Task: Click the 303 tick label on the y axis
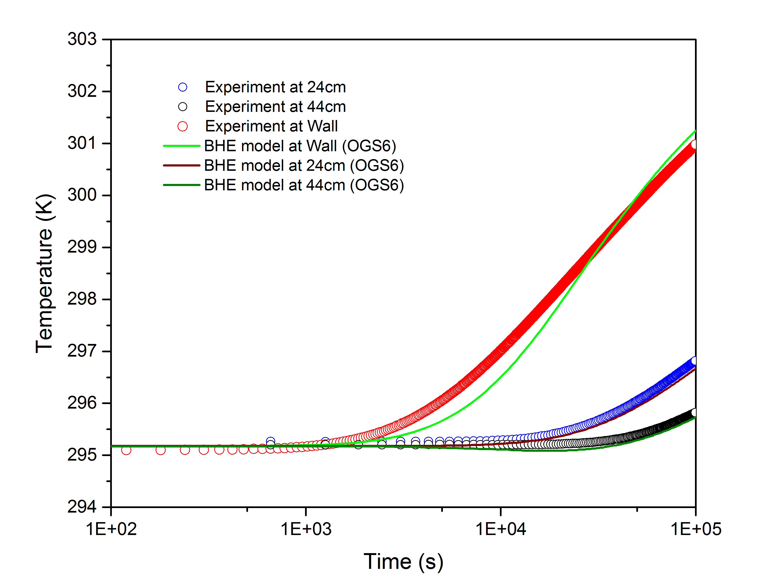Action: [82, 39]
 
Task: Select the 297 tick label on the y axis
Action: [82, 351]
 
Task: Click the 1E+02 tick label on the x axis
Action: [111, 529]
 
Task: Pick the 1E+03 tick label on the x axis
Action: [306, 529]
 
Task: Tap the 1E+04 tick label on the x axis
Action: [501, 529]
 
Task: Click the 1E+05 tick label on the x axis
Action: [695, 529]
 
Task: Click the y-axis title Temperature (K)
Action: [45, 273]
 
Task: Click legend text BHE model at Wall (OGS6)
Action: [300, 146]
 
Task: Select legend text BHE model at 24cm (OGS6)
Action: [304, 166]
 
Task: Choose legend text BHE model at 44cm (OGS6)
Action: [304, 185]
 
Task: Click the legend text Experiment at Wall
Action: [271, 126]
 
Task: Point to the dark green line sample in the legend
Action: [181, 185]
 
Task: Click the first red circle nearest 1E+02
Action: [126, 450]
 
